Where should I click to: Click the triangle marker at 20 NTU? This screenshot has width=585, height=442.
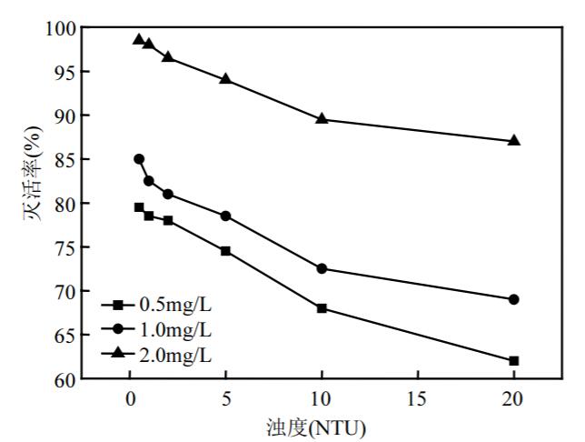coord(514,141)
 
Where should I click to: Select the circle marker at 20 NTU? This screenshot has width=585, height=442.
coord(514,299)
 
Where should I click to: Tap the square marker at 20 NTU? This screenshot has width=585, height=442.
coord(514,361)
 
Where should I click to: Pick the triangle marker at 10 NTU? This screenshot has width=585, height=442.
coord(322,119)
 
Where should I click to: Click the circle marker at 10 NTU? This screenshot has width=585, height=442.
coord(322,268)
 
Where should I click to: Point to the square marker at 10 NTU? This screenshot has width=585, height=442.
coord(322,308)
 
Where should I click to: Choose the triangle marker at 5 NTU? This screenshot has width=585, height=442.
coord(225,79)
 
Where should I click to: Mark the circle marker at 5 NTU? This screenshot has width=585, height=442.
coord(225,216)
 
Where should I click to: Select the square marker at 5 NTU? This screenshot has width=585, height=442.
coord(225,251)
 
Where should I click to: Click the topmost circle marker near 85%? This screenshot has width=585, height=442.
coord(139,159)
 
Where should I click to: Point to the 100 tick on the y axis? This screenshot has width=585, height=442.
coord(62,28)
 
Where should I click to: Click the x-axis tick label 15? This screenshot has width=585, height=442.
coord(418,400)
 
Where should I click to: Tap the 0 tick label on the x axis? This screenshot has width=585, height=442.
coord(129,400)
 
